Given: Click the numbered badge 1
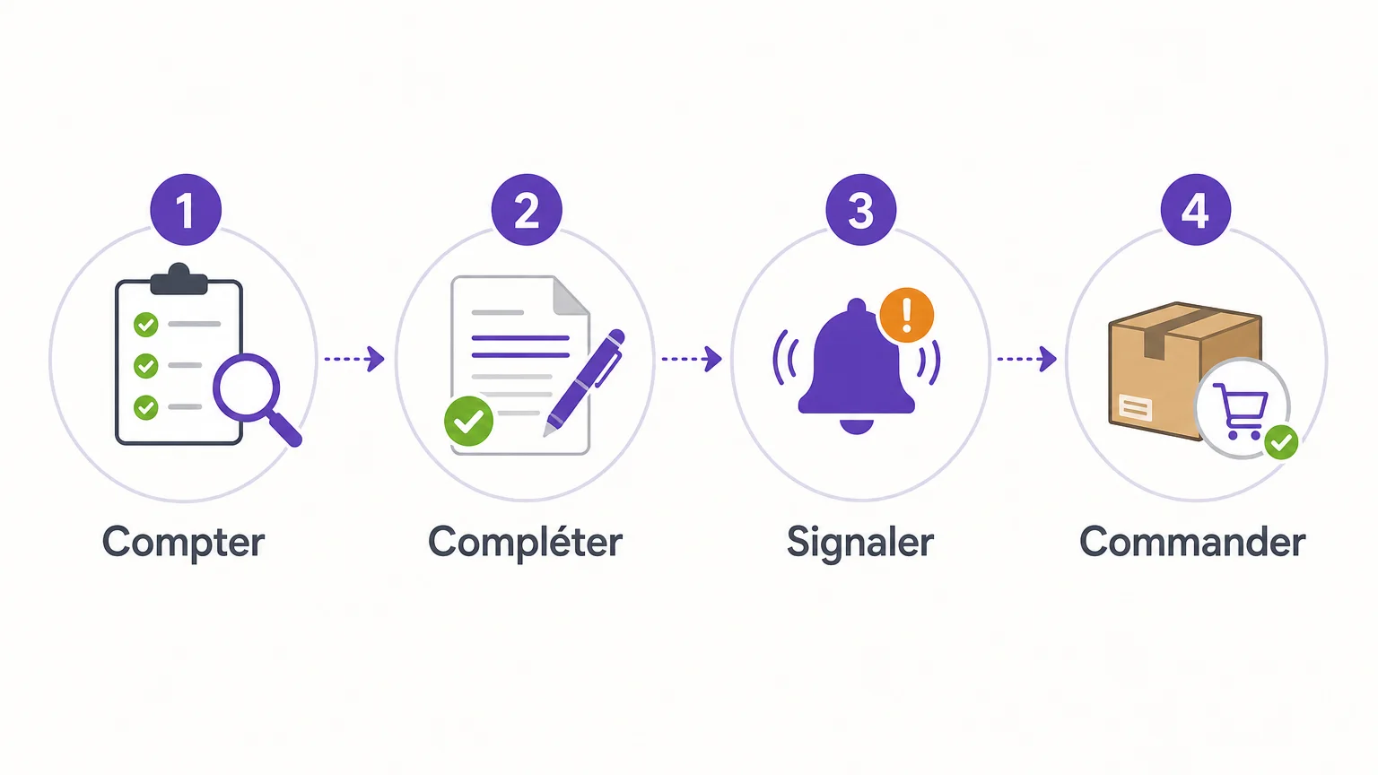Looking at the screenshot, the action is [186, 210].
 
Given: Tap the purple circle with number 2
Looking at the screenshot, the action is [527, 210].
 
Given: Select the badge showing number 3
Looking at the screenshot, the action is [861, 210].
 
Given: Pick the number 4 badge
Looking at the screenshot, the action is [1196, 210].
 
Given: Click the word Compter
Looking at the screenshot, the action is [183, 543].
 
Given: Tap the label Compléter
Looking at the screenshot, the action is [526, 541].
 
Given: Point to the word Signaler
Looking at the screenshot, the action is [860, 543].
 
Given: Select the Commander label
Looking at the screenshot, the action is [1192, 541].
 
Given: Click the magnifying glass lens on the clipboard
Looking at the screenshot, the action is [247, 387].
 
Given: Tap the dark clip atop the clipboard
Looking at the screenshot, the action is [179, 280].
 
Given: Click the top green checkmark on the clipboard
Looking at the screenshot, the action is [146, 324].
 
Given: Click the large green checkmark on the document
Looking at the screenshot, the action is [469, 421].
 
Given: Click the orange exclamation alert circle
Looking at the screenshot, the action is [907, 315].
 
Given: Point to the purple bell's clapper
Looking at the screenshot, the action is [857, 426].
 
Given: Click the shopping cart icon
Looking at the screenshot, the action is [1242, 411].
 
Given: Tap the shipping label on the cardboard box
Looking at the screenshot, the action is [1136, 407].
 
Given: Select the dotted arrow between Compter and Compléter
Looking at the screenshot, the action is [354, 359].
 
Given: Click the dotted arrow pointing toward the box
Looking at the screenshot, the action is [1026, 359].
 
